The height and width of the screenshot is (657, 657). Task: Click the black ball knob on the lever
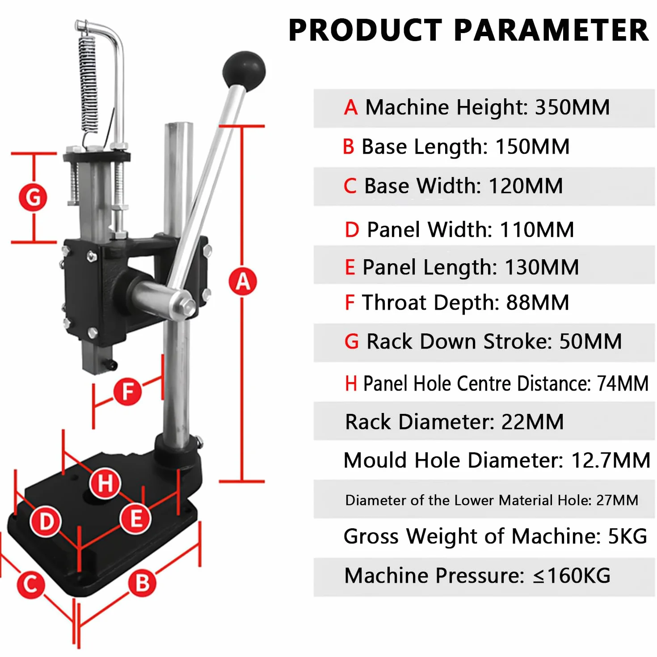pyautogui.click(x=244, y=71)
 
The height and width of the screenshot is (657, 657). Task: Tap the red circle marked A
pyautogui.click(x=243, y=282)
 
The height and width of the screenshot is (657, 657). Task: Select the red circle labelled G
pyautogui.click(x=33, y=198)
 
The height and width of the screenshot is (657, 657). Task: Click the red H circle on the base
pyautogui.click(x=105, y=483)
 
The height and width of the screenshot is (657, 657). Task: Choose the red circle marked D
pyautogui.click(x=46, y=522)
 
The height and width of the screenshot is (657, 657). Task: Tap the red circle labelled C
pyautogui.click(x=31, y=585)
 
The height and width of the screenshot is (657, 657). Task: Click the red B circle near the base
pyautogui.click(x=142, y=583)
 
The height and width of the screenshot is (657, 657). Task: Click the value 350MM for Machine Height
pyautogui.click(x=572, y=107)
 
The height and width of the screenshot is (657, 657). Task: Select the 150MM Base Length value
pyautogui.click(x=532, y=147)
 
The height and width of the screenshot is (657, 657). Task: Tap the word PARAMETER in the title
pyautogui.click(x=551, y=31)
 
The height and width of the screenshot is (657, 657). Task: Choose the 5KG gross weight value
pyautogui.click(x=628, y=536)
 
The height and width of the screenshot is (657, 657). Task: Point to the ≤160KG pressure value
pyautogui.click(x=572, y=576)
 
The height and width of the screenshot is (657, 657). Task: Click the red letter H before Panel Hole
pyautogui.click(x=351, y=383)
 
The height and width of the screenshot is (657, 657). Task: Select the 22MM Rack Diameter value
pyautogui.click(x=532, y=422)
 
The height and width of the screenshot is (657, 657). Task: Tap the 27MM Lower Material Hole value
pyautogui.click(x=617, y=500)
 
